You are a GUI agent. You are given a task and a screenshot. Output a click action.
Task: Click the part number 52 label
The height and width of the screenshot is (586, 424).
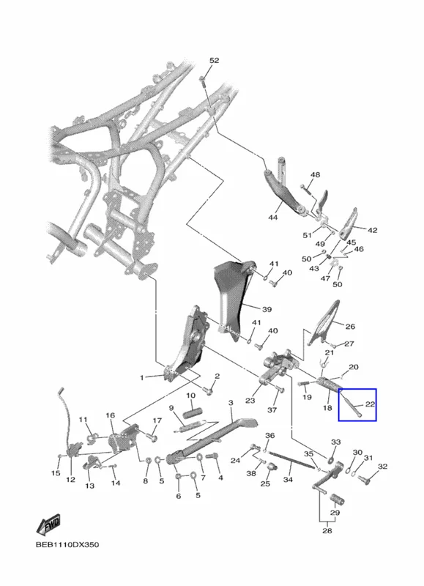click(x=214, y=61)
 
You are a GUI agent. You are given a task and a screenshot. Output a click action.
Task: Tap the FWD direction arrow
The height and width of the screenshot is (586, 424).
click(x=48, y=524)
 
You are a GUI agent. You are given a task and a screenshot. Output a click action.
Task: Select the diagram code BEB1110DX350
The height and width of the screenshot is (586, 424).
click(x=67, y=544)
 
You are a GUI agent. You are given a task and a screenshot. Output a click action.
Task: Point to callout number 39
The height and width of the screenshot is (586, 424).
click(x=267, y=309)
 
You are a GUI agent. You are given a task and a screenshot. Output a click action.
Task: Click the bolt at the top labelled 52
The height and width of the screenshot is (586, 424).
click(x=203, y=81)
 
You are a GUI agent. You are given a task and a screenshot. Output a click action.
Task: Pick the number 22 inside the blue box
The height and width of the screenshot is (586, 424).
click(x=370, y=404)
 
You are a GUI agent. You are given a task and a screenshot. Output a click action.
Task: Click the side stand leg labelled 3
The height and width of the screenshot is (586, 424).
click(x=211, y=441)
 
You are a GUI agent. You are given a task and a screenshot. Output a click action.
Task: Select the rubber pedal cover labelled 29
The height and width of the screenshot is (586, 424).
click(x=338, y=500)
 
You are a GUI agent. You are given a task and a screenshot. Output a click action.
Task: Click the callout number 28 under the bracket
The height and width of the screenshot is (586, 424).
click(x=327, y=530)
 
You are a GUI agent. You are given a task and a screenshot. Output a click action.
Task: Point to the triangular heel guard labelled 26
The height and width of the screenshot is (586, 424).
click(x=324, y=323)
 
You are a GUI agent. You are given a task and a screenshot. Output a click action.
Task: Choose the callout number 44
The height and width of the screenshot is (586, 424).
click(x=273, y=217)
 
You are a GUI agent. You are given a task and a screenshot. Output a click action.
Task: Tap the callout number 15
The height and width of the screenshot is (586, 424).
click(x=56, y=473)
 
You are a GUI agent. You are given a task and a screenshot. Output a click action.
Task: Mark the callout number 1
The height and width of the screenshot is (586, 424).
click(x=141, y=378)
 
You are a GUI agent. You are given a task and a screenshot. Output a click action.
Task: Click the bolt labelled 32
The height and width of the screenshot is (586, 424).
click(x=364, y=479)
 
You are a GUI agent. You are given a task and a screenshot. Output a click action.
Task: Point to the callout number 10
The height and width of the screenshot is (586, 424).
click(x=190, y=396)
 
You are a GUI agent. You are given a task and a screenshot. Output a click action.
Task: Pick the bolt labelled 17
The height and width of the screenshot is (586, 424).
click(x=152, y=436)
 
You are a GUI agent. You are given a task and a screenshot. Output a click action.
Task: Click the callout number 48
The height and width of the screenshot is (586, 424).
click(x=316, y=174)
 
